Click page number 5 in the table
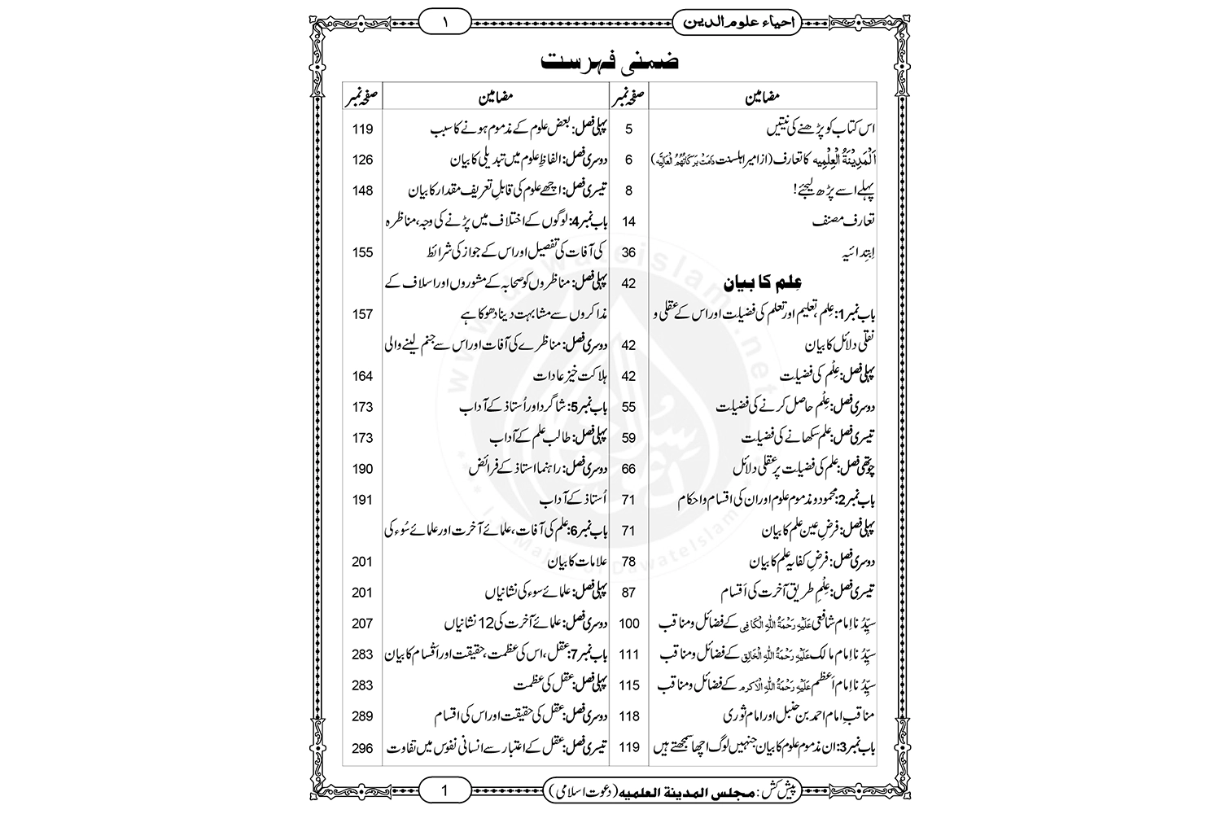[x=628, y=129]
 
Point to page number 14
[x=628, y=221]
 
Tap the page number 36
[x=628, y=252]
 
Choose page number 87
[x=628, y=593]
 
